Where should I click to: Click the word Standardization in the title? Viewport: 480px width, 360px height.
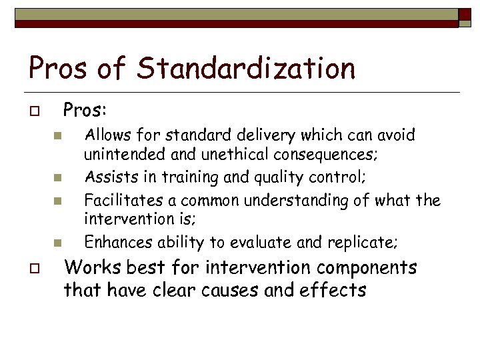(247, 68)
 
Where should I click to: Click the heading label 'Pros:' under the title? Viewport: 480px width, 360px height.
(85, 108)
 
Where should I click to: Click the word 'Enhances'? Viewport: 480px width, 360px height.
(113, 242)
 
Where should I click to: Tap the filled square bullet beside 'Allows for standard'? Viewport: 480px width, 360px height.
(57, 136)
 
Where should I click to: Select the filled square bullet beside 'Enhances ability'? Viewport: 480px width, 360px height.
(57, 243)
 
